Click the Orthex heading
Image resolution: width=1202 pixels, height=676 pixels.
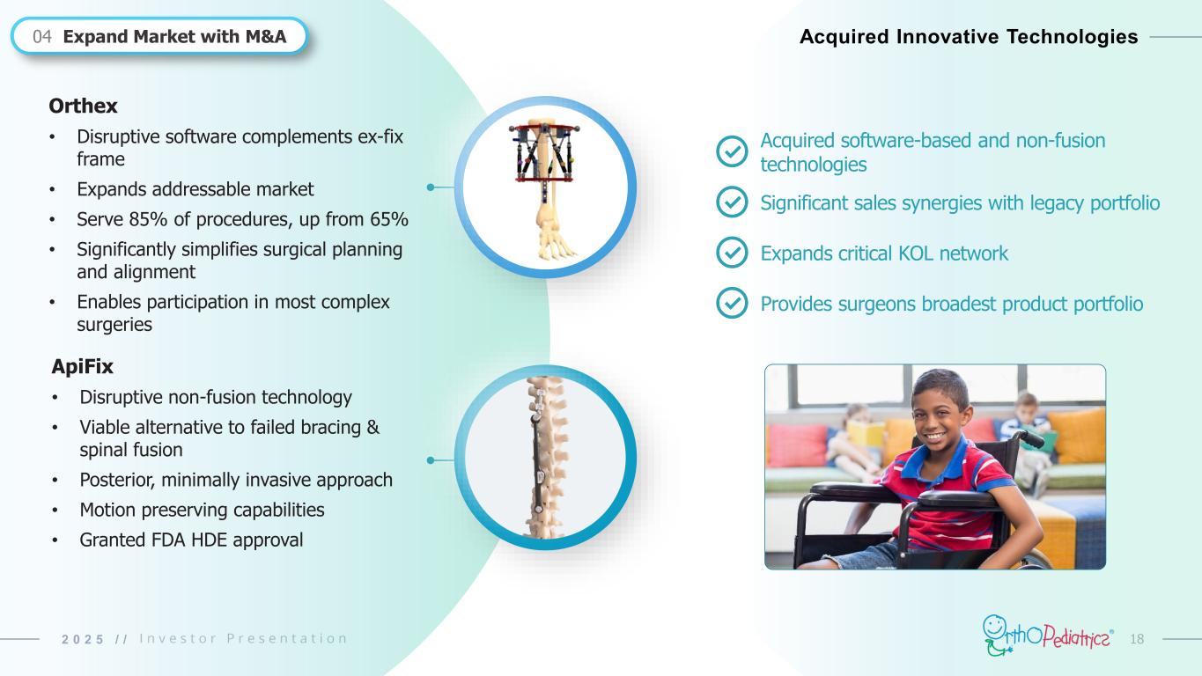point(83,106)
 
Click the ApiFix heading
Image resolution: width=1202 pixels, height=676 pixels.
point(82,366)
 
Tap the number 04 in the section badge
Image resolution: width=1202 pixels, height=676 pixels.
point(42,36)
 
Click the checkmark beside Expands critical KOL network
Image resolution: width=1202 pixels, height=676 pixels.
point(732,252)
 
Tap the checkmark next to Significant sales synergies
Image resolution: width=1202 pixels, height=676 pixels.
point(732,202)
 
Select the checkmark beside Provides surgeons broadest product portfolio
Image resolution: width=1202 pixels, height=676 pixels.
point(732,303)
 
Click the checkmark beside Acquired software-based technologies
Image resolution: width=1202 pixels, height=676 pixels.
point(732,151)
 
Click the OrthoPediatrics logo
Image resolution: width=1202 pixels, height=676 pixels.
point(1047,636)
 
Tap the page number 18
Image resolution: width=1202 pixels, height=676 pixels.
point(1137,639)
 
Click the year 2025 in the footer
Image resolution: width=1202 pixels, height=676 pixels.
point(83,639)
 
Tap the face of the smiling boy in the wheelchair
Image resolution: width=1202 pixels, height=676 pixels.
point(941,410)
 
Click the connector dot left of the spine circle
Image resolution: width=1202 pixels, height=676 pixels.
point(431,460)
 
